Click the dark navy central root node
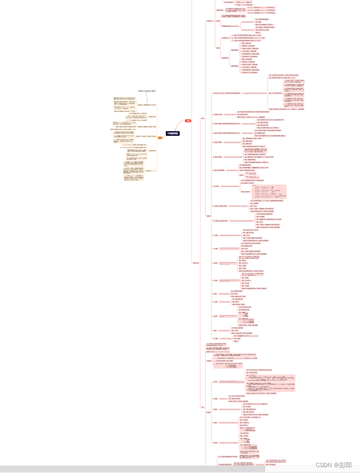coord(173,133)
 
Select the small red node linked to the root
coord(188,120)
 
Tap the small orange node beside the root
coord(160,138)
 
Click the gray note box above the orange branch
coord(146,91)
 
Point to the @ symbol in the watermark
coord(336,464)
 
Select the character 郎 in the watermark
coord(349,464)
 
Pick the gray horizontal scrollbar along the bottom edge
coord(133,469)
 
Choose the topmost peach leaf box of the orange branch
coord(124,98)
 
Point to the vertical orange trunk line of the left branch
coord(156,138)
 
